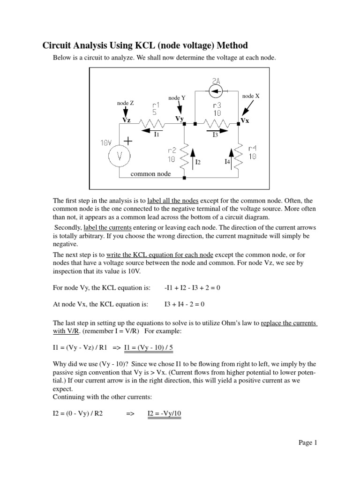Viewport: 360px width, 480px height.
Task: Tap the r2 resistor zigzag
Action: point(185,153)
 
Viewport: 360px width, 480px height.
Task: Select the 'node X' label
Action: point(251,96)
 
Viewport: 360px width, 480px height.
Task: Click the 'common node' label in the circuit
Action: point(150,173)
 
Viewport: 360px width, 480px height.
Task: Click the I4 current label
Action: point(227,162)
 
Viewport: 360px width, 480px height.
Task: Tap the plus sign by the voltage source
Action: point(127,140)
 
